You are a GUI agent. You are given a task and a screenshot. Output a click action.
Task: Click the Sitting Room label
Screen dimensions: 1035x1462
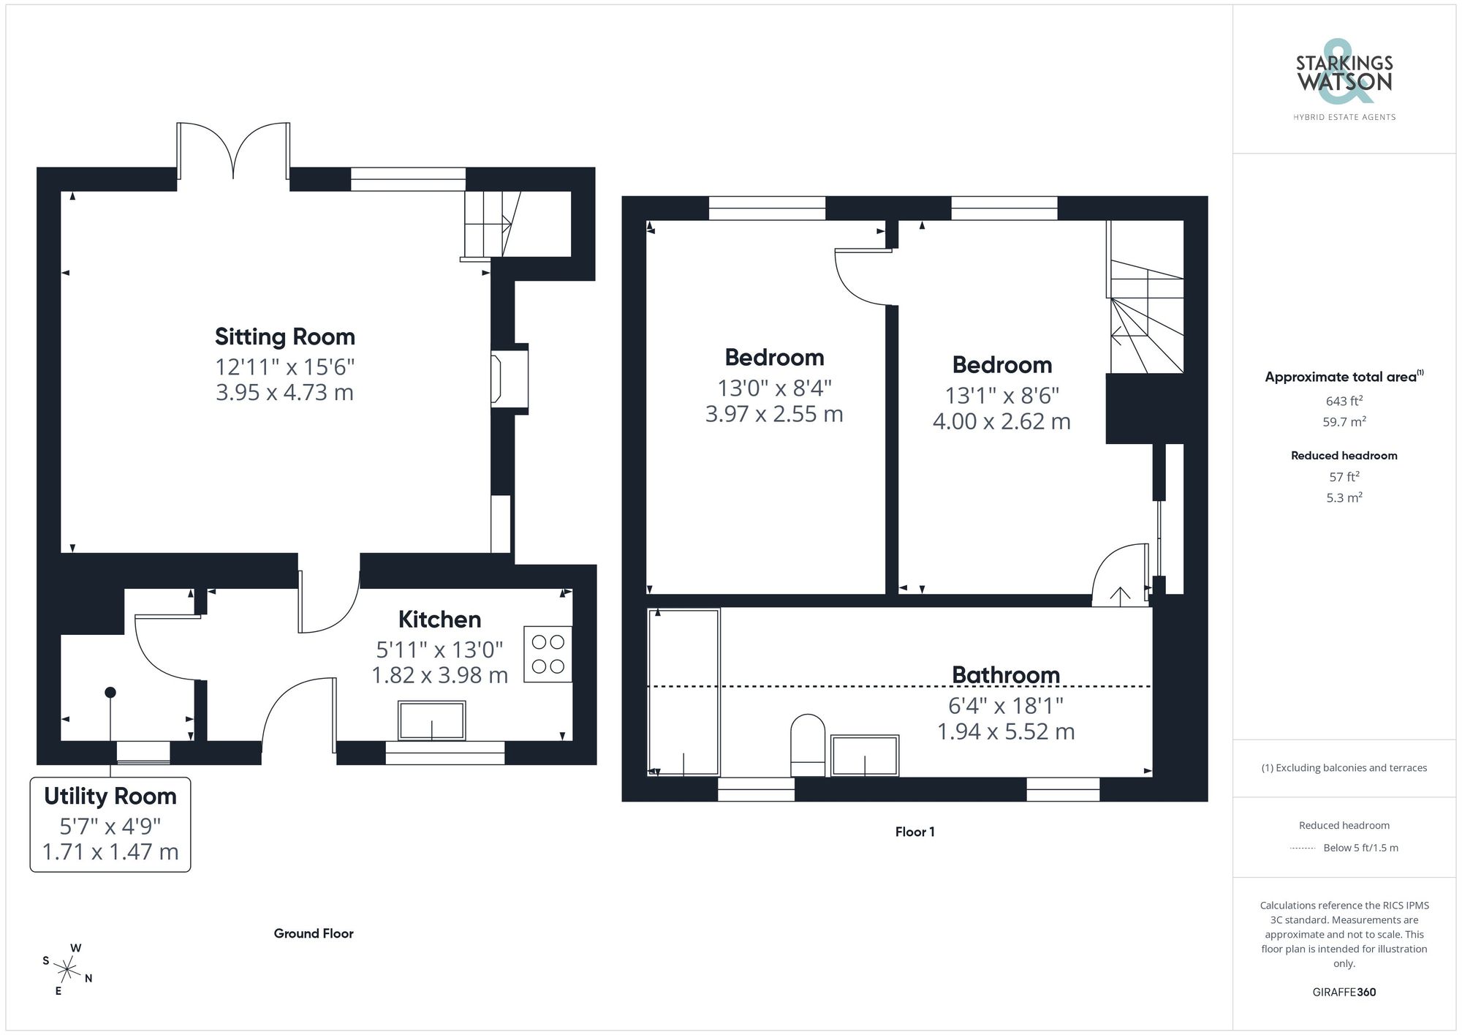(284, 336)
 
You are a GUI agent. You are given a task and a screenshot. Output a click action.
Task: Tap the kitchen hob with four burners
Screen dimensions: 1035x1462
(548, 654)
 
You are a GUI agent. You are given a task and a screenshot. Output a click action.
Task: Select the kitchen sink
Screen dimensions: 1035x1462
(431, 720)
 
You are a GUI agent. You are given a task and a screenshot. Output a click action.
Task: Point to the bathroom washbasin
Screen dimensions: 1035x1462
(865, 755)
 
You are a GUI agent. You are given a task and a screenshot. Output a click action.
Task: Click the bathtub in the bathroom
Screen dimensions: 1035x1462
(683, 691)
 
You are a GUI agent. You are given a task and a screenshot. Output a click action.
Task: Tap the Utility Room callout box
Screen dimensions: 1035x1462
(110, 824)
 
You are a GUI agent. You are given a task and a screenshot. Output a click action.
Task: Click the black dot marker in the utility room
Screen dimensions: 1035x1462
(110, 692)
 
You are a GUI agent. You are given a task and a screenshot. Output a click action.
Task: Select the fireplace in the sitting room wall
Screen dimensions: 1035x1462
(509, 378)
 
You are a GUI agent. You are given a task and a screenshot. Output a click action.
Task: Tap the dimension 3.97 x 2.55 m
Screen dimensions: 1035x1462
(773, 414)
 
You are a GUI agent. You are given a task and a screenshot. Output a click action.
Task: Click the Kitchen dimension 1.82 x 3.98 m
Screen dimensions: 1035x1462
(439, 675)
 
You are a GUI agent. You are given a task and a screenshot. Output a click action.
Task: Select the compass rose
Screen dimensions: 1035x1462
(67, 970)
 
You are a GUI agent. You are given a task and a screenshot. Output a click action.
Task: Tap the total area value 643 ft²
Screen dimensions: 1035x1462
(1344, 401)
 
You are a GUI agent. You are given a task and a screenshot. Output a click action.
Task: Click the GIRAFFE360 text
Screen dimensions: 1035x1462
(1344, 992)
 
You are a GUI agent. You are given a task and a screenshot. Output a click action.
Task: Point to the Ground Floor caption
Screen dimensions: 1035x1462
(314, 933)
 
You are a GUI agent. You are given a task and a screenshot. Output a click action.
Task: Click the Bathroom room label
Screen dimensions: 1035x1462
(1005, 674)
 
